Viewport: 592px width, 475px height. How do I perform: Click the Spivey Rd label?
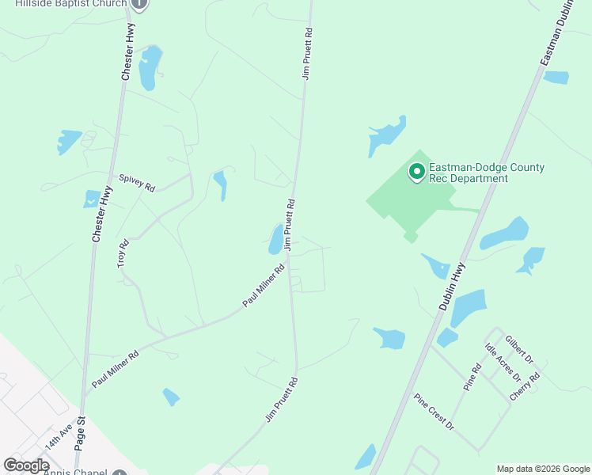[137, 182]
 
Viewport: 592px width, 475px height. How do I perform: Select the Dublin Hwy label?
[450, 285]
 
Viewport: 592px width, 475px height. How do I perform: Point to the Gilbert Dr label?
[520, 349]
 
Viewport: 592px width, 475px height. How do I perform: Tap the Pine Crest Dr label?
[435, 412]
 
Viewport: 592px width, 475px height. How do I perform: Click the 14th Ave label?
[59, 436]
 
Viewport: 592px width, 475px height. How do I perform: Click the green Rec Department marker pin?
[416, 171]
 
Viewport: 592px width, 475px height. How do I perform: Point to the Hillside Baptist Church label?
[70, 4]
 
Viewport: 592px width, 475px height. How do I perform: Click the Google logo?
[26, 465]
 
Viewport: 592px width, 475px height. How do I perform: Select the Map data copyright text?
[543, 469]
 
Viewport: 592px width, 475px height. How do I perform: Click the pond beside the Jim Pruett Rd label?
[275, 240]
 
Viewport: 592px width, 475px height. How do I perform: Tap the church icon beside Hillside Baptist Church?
[139, 4]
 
